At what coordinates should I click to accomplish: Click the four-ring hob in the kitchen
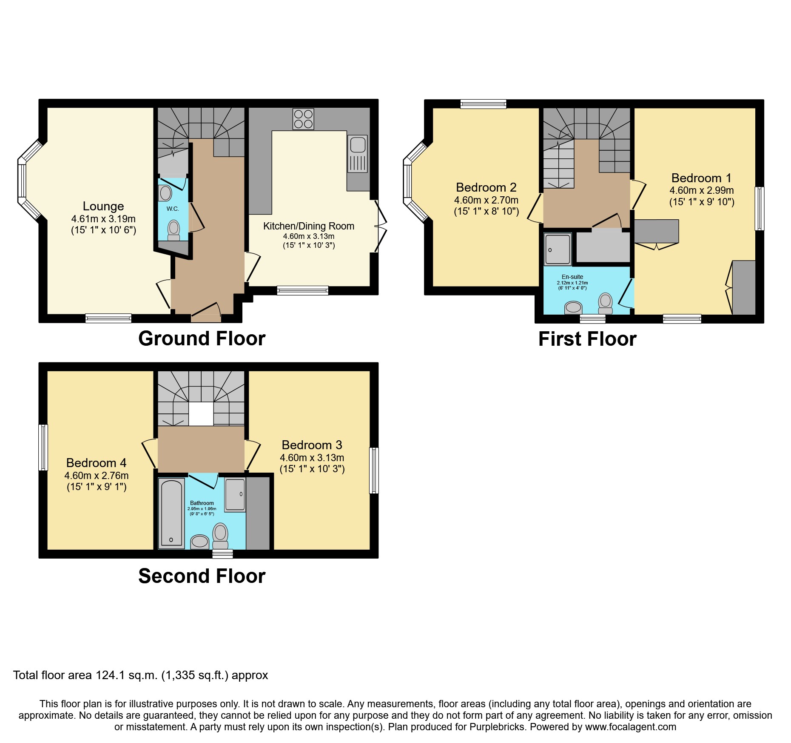click(303, 119)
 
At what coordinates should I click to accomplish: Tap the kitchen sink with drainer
click(358, 154)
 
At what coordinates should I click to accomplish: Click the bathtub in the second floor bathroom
click(171, 514)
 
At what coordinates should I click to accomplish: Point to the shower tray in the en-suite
click(558, 249)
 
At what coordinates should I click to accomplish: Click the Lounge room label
click(103, 206)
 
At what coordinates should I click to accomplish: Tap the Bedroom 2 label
click(486, 187)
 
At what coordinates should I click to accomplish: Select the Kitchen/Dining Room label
click(308, 226)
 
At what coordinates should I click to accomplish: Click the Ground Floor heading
click(202, 339)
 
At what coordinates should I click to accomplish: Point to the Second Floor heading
click(202, 576)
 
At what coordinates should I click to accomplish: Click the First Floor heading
click(587, 339)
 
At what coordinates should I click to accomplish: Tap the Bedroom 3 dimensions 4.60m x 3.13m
click(312, 458)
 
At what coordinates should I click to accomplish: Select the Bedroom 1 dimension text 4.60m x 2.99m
click(701, 190)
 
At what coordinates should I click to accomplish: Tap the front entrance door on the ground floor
click(206, 313)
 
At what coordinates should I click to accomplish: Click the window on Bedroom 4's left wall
click(43, 447)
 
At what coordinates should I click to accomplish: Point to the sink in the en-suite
click(573, 307)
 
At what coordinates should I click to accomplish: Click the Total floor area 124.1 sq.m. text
click(140, 675)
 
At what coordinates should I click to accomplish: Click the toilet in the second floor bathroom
click(220, 535)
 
